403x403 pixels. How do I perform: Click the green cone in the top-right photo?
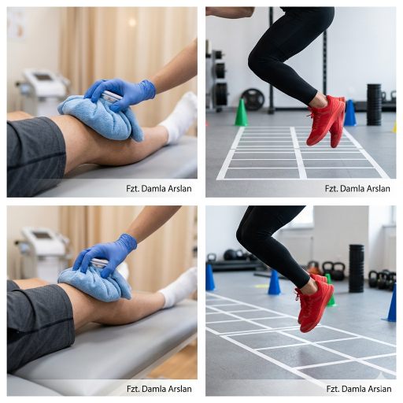click(241, 113)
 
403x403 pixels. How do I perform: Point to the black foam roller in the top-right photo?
click(374, 105)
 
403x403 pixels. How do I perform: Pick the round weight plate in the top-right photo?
click(253, 99)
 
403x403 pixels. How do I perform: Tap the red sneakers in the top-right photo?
click(326, 120)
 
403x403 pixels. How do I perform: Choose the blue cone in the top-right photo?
click(350, 113)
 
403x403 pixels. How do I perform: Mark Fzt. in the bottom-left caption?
click(133, 389)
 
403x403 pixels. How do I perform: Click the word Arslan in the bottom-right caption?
click(379, 389)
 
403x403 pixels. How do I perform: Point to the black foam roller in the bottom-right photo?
click(357, 268)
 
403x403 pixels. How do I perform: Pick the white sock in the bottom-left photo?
click(179, 287)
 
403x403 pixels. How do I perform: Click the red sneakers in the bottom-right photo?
click(314, 302)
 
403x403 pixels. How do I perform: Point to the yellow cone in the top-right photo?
click(394, 127)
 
